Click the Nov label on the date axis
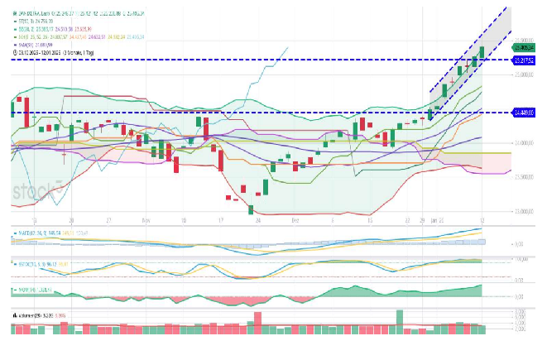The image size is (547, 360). (146, 221)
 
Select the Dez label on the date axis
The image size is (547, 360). (295, 221)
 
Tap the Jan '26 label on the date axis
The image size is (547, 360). (438, 221)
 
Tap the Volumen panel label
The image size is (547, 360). (33, 315)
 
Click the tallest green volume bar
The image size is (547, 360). (400, 320)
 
